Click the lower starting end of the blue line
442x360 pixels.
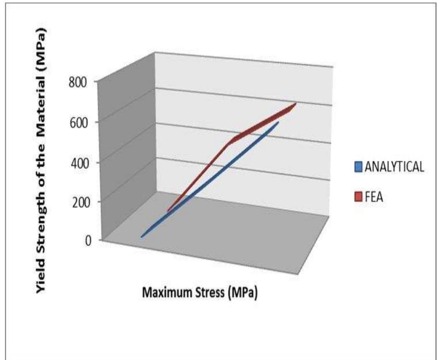(142, 237)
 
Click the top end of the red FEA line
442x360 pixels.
(295, 103)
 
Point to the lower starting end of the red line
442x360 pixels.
(168, 211)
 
